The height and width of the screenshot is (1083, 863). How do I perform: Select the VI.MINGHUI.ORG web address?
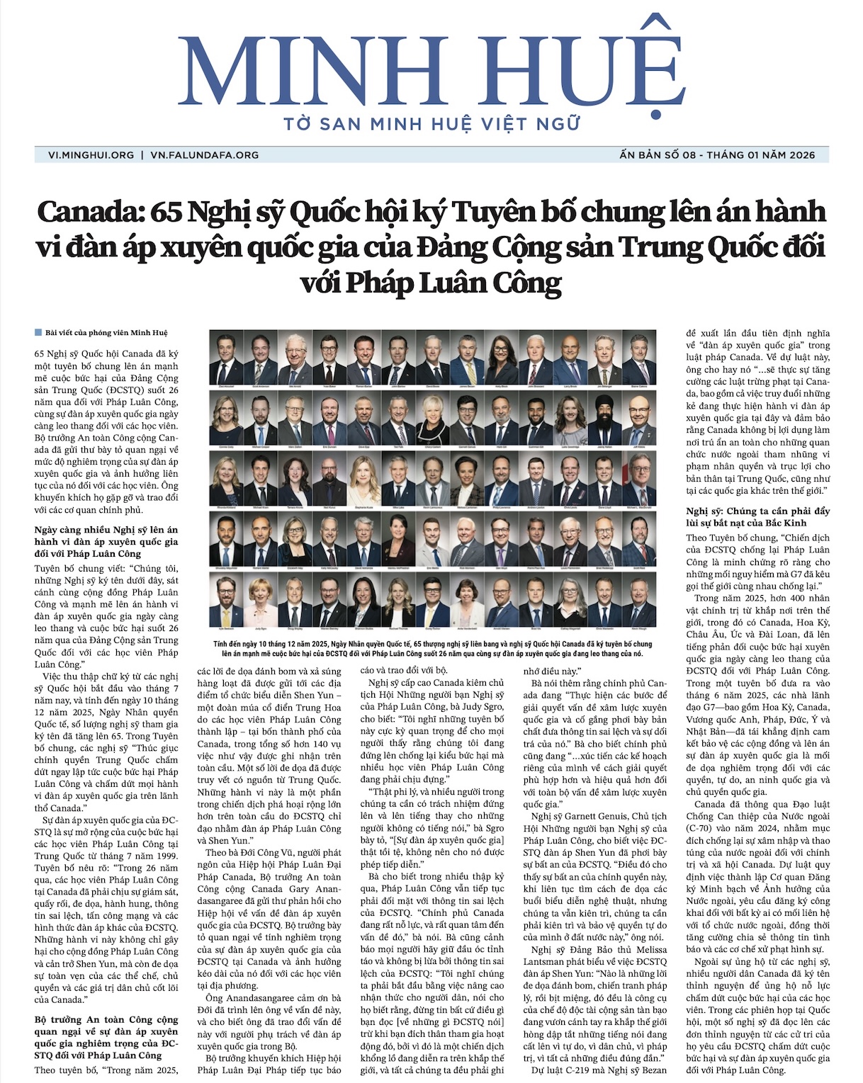[x=91, y=155]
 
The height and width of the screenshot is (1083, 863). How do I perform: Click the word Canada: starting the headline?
[x=80, y=212]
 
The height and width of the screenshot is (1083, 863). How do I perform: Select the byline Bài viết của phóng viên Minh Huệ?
[x=106, y=332]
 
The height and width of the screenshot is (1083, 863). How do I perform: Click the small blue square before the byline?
[x=38, y=332]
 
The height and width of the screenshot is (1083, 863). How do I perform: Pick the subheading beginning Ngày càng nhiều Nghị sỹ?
[x=106, y=541]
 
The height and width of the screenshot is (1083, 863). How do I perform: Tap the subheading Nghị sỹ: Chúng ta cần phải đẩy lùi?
[x=757, y=516]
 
